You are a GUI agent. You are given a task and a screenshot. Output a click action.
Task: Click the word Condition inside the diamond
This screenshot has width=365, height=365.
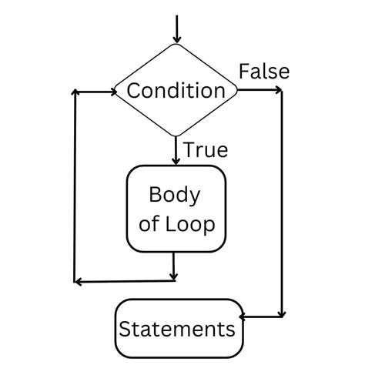point(176,91)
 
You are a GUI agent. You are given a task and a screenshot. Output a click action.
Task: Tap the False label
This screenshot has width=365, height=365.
point(264,72)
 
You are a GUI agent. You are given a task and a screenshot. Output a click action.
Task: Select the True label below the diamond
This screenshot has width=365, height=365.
point(206,150)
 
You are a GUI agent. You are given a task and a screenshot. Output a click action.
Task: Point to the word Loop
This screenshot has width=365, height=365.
point(190,225)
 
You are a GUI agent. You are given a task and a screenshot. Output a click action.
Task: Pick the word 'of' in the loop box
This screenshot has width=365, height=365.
point(150,225)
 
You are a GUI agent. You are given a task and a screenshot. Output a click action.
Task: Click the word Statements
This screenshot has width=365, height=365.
point(176,330)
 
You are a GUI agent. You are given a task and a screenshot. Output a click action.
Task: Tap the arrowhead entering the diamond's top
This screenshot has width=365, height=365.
point(176,39)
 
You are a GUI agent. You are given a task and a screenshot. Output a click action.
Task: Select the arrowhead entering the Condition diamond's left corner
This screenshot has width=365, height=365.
point(109,91)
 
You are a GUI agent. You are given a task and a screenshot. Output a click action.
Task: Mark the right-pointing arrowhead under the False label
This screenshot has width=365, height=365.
point(278,91)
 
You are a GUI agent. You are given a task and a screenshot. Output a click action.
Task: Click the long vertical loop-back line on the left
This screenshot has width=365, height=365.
point(75,185)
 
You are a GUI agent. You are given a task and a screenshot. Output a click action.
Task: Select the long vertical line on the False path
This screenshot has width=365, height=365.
point(283,200)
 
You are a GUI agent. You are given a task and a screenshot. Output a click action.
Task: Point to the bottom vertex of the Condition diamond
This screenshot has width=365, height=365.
point(176,137)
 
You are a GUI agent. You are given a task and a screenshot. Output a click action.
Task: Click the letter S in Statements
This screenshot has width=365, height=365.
point(124,330)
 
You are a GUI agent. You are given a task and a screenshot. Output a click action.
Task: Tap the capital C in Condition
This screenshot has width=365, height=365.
point(133,91)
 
